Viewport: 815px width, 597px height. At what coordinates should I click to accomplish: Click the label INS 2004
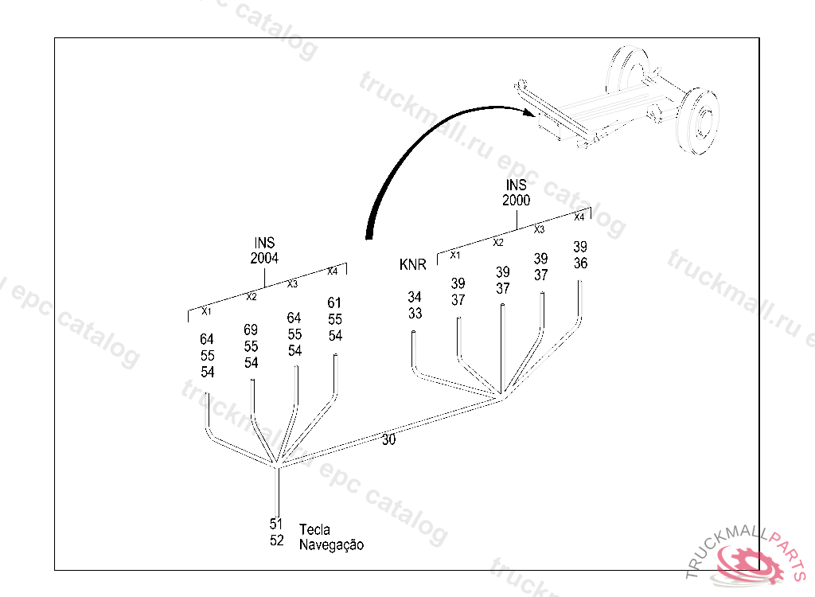pyautogui.click(x=264, y=251)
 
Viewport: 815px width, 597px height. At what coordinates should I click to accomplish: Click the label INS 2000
pyautogui.click(x=516, y=193)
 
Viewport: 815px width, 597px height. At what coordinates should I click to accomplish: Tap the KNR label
pyautogui.click(x=413, y=265)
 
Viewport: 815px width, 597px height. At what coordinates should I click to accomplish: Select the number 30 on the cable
pyautogui.click(x=388, y=440)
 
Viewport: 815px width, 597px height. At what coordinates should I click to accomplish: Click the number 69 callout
pyautogui.click(x=251, y=330)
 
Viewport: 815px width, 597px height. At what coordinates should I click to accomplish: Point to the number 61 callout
pyautogui.click(x=334, y=302)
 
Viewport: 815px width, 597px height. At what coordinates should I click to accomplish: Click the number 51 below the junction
pyautogui.click(x=276, y=524)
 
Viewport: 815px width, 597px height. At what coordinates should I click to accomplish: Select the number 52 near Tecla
pyautogui.click(x=276, y=540)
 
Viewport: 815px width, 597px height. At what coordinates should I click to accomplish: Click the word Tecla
pyautogui.click(x=314, y=529)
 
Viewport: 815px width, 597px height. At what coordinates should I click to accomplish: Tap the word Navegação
pyautogui.click(x=331, y=545)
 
